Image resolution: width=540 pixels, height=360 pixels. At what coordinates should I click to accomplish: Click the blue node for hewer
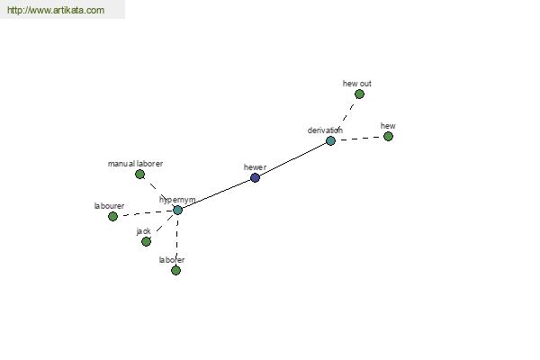(x=255, y=178)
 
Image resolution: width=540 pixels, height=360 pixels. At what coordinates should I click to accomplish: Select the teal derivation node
(x=330, y=141)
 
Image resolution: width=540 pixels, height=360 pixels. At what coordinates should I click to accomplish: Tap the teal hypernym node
(x=177, y=210)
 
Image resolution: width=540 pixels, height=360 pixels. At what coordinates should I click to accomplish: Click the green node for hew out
(x=359, y=94)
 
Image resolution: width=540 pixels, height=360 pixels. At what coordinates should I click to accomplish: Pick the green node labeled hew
(x=388, y=137)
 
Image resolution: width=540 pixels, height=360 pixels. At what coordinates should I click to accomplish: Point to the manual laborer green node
(x=139, y=175)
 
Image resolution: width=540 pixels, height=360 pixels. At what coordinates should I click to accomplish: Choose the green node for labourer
(x=112, y=216)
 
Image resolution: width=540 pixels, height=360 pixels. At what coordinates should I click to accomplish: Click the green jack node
(x=146, y=241)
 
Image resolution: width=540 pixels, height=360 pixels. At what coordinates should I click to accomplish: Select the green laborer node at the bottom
(x=175, y=270)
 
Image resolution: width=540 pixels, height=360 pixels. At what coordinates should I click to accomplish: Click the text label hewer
(x=255, y=167)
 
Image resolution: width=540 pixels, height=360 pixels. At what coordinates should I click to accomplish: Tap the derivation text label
(x=325, y=130)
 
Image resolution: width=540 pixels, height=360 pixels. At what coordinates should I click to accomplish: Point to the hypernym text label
(x=177, y=200)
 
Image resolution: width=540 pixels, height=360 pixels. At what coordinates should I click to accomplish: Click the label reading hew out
(x=357, y=84)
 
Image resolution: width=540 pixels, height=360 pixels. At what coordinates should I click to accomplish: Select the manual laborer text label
(x=135, y=164)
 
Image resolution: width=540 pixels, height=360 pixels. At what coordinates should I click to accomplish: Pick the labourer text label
(x=109, y=206)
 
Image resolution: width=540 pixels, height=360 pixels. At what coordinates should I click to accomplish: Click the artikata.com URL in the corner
(x=56, y=10)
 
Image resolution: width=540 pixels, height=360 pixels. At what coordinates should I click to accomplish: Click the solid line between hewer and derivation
(x=292, y=159)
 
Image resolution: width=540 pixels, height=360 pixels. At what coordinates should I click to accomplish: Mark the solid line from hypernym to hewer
(x=216, y=193)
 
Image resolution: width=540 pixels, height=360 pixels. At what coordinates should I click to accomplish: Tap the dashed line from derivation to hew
(x=359, y=139)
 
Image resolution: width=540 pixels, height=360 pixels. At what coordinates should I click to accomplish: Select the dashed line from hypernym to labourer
(x=145, y=213)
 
